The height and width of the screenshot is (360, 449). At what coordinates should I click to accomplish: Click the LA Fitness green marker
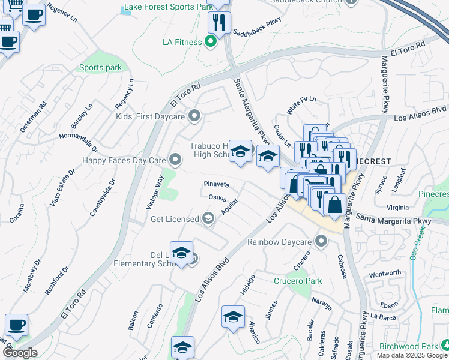click(x=210, y=42)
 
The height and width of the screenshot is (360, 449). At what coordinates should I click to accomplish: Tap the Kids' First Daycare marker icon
click(x=194, y=116)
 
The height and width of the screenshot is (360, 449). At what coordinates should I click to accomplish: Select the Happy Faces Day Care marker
click(x=175, y=160)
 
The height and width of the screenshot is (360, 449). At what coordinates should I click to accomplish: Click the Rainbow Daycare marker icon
click(x=322, y=242)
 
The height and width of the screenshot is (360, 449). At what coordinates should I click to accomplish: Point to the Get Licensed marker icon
click(x=208, y=218)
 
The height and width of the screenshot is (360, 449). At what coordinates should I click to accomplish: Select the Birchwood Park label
click(x=408, y=346)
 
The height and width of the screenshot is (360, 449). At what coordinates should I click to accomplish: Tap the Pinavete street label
click(x=217, y=184)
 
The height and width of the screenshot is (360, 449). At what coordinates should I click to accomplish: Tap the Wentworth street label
click(x=385, y=273)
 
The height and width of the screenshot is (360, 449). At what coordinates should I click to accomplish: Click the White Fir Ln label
click(x=298, y=105)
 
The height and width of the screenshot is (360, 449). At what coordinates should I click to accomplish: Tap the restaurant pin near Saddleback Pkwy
click(x=219, y=23)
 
